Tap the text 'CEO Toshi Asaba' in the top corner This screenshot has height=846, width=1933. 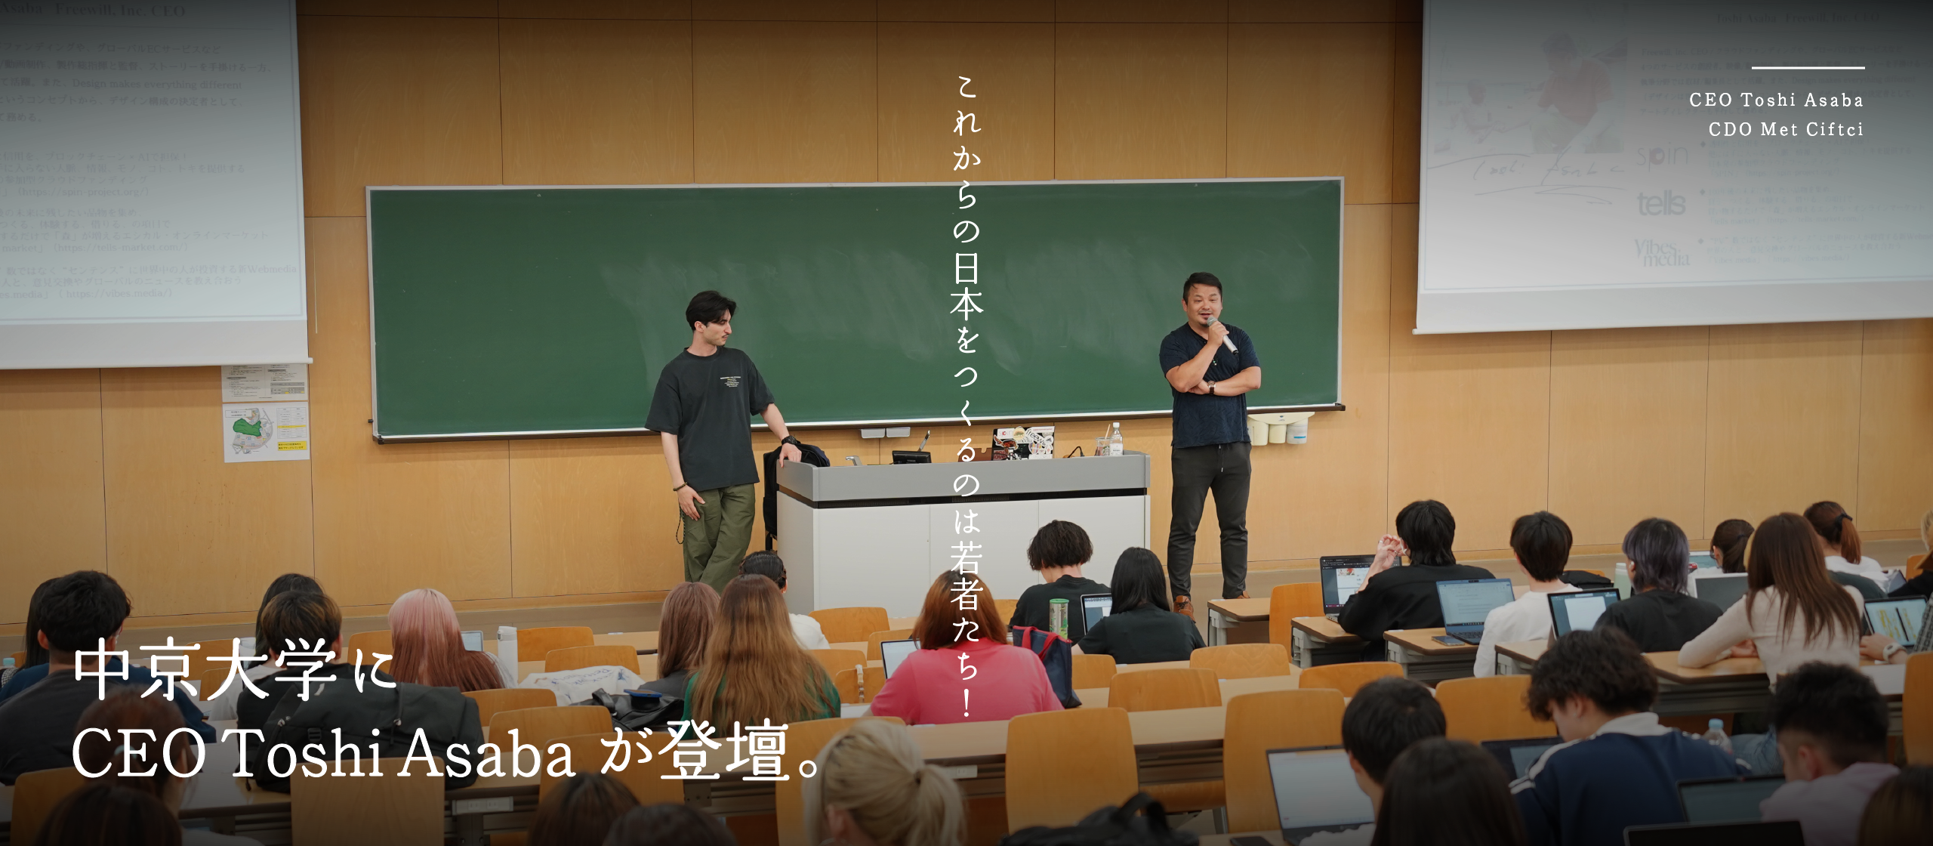1776,100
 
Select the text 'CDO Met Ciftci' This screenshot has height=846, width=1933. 1786,129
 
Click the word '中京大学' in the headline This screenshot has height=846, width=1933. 205,669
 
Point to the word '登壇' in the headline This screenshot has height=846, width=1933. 724,751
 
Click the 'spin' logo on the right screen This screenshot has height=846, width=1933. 1662,156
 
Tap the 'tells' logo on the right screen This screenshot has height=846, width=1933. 1660,203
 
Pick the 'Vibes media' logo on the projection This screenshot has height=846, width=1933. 1660,252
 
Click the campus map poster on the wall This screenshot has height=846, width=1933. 265,432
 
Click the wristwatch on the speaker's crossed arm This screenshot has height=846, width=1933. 1211,387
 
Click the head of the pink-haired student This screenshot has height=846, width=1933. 427,619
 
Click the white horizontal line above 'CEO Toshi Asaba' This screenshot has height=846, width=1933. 1808,68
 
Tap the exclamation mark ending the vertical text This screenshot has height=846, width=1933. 966,702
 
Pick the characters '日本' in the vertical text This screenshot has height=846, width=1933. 966,286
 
